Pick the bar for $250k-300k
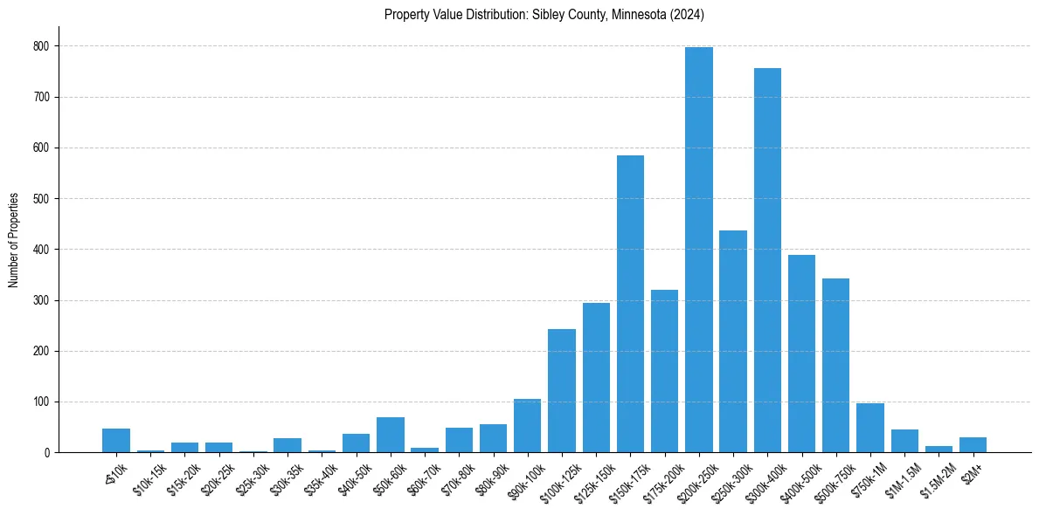click(733, 341)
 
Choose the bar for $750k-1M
click(870, 428)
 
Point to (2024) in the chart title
click(688, 15)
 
